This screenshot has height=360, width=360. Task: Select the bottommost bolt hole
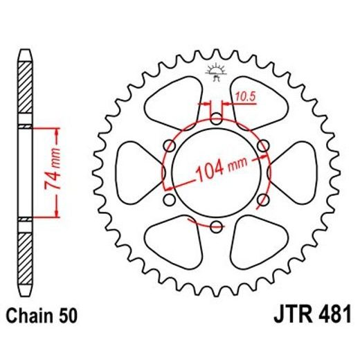[215, 226]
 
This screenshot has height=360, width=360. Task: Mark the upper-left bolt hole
[168, 145]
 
